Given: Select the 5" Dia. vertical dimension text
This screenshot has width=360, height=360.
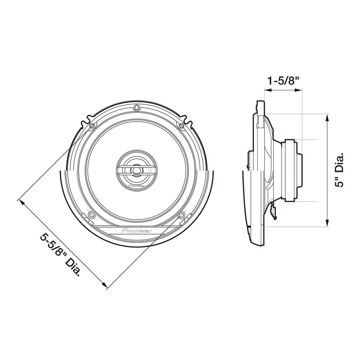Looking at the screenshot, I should pos(340,170).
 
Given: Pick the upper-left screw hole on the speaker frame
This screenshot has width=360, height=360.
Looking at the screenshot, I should pos(92,126).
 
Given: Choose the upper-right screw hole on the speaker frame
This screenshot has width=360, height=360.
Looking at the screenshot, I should pos(182,126).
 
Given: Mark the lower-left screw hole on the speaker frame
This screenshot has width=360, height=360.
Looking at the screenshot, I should pos(92,215).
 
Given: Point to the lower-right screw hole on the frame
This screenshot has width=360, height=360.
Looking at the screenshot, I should pos(182,215).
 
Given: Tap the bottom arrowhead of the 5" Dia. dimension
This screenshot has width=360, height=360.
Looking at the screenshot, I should pos(328,224).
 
